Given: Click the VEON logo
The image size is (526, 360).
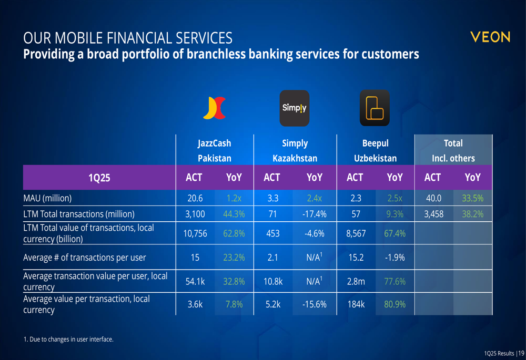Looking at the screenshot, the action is click(490, 37).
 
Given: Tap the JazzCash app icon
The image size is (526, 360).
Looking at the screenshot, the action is click(215, 108).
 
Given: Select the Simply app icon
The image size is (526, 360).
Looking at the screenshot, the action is click(294, 108).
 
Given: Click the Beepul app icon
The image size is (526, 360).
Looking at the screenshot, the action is click(375, 108).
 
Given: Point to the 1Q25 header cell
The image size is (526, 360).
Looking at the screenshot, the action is click(99, 178).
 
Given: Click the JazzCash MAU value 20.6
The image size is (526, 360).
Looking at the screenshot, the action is click(195, 199).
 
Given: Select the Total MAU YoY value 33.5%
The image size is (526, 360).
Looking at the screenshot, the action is click(473, 199).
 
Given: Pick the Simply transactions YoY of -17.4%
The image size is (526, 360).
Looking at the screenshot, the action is click(315, 214).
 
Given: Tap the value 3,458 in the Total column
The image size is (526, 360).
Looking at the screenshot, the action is click(434, 214).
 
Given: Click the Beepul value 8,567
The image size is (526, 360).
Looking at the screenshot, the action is click(356, 233).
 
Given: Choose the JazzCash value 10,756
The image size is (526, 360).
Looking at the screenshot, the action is click(195, 233).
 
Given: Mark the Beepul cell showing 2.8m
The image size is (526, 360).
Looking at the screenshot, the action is click(356, 282).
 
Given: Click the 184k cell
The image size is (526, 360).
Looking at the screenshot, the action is click(356, 304).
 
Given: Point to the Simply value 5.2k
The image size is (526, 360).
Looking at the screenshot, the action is click(273, 304).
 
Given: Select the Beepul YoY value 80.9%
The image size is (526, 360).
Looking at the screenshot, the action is click(395, 304).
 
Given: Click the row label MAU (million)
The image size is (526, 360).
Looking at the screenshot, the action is click(47, 199).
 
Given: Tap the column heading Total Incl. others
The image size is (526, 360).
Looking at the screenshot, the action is click(453, 150).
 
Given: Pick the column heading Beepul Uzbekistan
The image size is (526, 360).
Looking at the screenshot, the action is click(376, 150).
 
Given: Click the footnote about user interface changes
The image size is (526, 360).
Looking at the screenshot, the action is click(68, 339).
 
